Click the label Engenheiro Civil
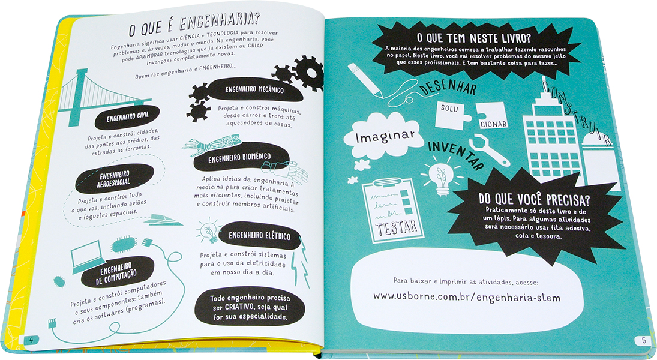pyautogui.click(x=127, y=117)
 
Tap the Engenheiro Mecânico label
pyautogui.click(x=254, y=89)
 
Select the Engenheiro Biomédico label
pyautogui.click(x=239, y=158)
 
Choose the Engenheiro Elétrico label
pyautogui.click(x=259, y=236)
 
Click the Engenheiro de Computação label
pyautogui.click(x=116, y=272)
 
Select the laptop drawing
pyautogui.click(x=88, y=256)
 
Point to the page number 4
pyautogui.click(x=31, y=340)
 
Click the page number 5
pyautogui.click(x=643, y=341)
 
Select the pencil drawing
pyautogui.click(x=365, y=80)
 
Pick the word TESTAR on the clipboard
pyautogui.click(x=397, y=227)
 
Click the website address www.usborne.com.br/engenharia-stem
pyautogui.click(x=466, y=297)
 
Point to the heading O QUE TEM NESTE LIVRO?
pyautogui.click(x=473, y=39)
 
